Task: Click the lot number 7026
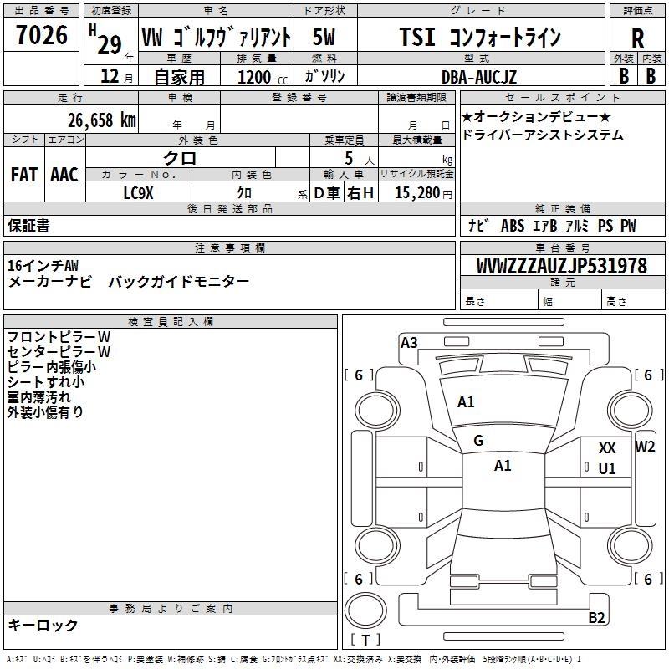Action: (42, 35)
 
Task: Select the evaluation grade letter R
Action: (637, 38)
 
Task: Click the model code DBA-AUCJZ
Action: (479, 77)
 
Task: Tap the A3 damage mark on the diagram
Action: (409, 342)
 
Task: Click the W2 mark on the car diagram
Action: (645, 446)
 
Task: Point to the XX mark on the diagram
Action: (607, 449)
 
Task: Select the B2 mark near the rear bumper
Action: (596, 618)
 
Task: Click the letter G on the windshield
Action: (478, 441)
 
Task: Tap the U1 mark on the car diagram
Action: (607, 469)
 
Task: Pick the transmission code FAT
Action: (24, 175)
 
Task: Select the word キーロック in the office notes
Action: (43, 625)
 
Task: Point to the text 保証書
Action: (28, 225)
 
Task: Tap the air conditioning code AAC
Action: (64, 175)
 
